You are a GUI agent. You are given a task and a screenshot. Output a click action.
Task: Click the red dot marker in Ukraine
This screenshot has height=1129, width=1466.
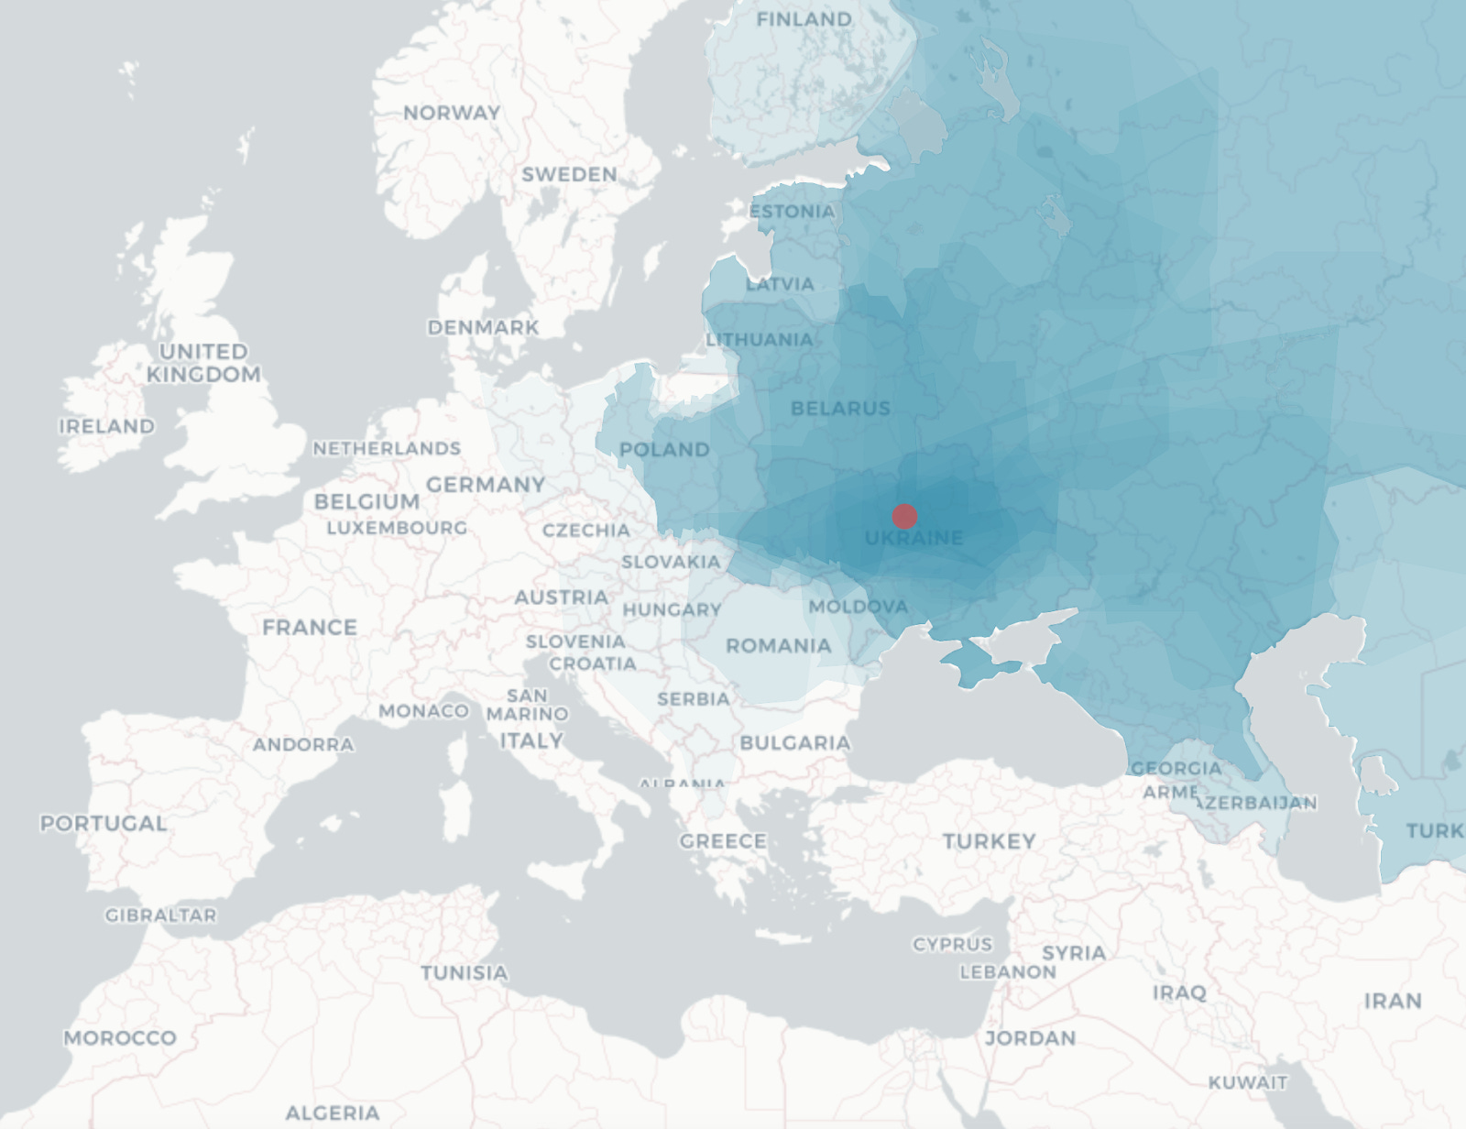(904, 516)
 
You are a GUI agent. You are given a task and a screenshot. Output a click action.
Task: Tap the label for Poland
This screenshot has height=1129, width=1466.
(664, 450)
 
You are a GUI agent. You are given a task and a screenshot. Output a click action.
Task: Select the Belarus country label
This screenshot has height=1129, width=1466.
(840, 409)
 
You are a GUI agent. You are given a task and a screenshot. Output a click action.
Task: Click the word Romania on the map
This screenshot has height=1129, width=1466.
(778, 646)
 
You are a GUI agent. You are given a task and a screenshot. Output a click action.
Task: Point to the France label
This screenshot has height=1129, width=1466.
(310, 628)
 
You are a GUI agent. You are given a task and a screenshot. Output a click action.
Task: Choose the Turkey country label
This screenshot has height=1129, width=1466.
(989, 841)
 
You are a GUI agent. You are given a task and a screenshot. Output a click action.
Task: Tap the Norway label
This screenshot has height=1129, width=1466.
(452, 113)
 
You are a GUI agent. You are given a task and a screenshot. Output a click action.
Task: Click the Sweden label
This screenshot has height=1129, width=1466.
(569, 174)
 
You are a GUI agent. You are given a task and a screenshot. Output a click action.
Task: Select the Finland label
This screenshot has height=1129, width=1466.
(804, 19)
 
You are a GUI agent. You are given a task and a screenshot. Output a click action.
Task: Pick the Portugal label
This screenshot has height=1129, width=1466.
(104, 823)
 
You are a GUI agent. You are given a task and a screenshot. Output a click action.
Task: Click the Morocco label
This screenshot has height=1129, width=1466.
(120, 1038)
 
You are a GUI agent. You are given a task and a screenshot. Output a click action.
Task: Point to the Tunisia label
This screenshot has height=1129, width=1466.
(464, 972)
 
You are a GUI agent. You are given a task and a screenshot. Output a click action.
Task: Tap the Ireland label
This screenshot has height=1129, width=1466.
(106, 426)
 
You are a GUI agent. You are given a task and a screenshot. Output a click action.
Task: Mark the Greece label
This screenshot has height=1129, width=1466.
(723, 841)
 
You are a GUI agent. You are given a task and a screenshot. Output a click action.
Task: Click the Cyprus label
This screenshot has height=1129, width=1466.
(952, 944)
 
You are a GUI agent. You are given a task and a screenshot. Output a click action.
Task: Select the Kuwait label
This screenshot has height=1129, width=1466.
(1247, 1082)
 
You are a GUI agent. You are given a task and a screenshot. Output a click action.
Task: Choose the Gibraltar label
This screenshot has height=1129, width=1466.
(160, 915)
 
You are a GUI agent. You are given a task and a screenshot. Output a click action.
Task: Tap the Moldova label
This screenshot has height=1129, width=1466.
(859, 607)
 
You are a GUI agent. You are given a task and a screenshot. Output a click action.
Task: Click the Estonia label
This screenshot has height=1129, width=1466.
(793, 212)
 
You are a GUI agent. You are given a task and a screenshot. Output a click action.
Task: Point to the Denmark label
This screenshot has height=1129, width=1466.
(483, 327)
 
